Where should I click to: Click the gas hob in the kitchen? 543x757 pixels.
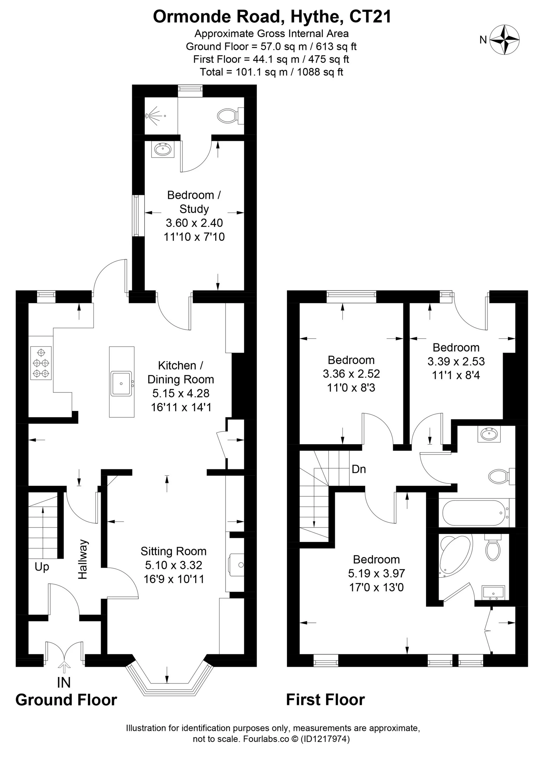point(41,363)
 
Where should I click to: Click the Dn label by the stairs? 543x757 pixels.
point(359,469)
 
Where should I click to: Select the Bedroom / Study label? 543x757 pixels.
point(194,202)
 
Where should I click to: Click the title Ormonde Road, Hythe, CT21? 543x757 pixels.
point(272,17)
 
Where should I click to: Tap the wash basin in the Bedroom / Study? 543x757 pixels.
point(163,149)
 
